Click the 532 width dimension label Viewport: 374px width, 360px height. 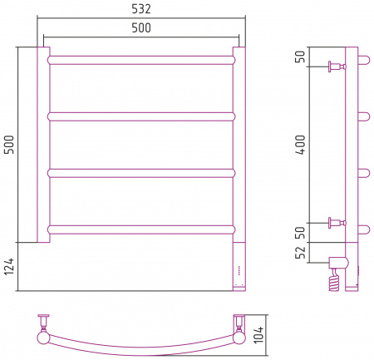coord(141,9)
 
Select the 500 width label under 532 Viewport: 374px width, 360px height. coord(141,27)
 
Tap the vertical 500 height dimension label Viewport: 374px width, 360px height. coord(9,145)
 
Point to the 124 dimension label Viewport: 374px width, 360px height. coord(9,266)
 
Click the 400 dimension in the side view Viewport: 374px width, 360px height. coord(300,145)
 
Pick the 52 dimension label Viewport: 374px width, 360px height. coord(300,252)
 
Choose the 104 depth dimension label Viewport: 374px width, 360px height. coord(258,335)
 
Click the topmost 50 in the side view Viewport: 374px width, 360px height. coord(300,57)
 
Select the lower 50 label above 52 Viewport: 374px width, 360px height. coord(300,233)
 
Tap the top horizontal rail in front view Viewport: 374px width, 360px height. coord(141,60)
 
